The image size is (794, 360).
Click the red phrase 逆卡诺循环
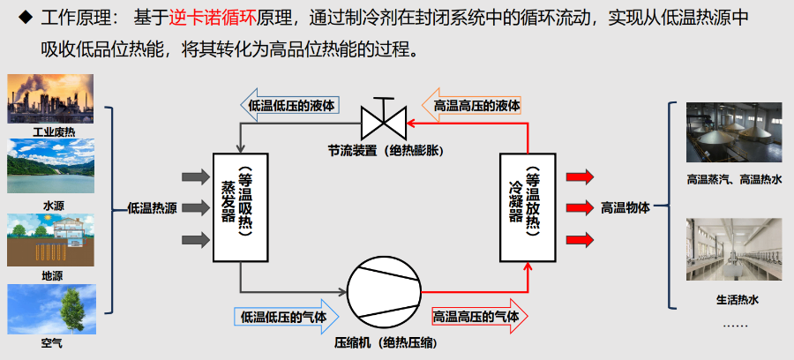click(213, 19)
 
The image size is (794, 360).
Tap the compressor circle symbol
click(385, 292)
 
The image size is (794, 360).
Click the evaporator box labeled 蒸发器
click(241, 207)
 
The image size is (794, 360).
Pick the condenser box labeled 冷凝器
click(528, 207)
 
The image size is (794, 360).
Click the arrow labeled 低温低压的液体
click(289, 106)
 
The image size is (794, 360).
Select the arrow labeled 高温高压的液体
click(471, 106)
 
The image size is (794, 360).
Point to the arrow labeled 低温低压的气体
click(287, 317)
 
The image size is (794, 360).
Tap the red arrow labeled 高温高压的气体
click(480, 317)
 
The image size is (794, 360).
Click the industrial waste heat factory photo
click(50, 99)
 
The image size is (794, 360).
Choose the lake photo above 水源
click(50, 166)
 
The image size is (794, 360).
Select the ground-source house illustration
click(50, 239)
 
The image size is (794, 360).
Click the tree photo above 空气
click(51, 309)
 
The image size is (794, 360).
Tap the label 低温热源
click(152, 208)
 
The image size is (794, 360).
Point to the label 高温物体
click(625, 207)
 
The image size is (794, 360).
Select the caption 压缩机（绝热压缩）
click(386, 343)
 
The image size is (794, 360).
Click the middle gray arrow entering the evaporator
click(196, 207)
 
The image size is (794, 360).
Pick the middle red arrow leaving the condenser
click(580, 207)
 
